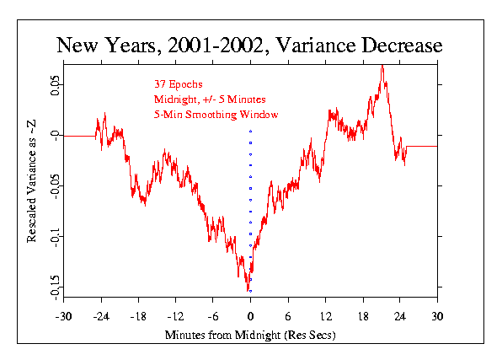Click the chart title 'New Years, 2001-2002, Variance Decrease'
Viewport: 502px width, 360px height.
[249, 44]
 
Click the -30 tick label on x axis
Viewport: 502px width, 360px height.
[62, 317]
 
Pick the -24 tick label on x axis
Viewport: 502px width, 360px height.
[100, 317]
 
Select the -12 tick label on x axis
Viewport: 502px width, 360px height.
[175, 317]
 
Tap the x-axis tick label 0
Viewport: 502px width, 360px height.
[250, 317]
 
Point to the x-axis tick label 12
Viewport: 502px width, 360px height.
[325, 317]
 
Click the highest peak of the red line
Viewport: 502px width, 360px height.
[382, 65]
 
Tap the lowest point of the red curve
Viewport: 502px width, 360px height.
[248, 290]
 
